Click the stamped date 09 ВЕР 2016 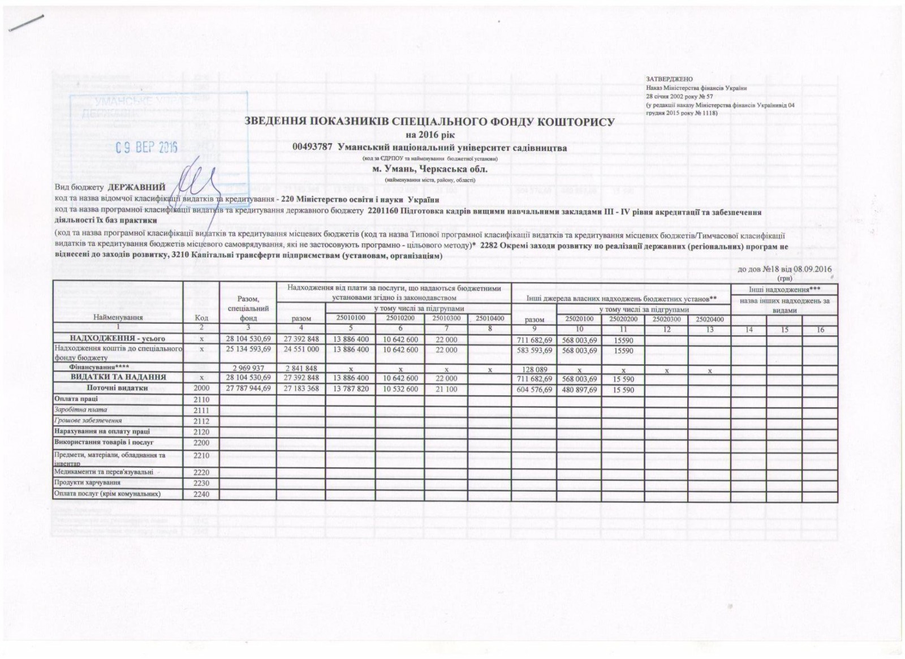(x=146, y=148)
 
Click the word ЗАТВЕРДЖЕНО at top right (x=669, y=79)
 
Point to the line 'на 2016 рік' (x=430, y=135)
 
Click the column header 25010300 (x=446, y=318)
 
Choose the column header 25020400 (x=709, y=318)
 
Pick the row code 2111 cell (x=201, y=410)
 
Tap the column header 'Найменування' (x=118, y=317)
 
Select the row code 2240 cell (x=201, y=494)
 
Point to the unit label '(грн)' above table (x=785, y=278)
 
